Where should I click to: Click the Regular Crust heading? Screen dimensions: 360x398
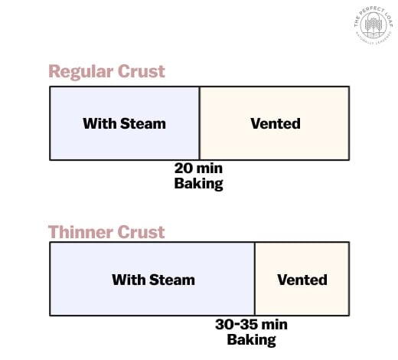pyautogui.click(x=106, y=72)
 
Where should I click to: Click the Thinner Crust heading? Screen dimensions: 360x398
pyautogui.click(x=106, y=231)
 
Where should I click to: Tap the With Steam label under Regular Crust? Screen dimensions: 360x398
pyautogui.click(x=124, y=123)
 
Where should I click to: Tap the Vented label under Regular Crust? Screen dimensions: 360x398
pyautogui.click(x=275, y=123)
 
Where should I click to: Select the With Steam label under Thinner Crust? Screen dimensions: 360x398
pyautogui.click(x=153, y=280)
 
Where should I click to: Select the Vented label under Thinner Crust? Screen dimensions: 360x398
pyautogui.click(x=302, y=280)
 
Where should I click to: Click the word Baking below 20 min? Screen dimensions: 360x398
pyautogui.click(x=199, y=184)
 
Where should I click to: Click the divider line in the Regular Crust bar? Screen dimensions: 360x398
pyautogui.click(x=199, y=123)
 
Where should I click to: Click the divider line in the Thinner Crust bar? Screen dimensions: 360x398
pyautogui.click(x=254, y=280)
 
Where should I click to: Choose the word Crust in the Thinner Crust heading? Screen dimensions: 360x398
pyautogui.click(x=142, y=231)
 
